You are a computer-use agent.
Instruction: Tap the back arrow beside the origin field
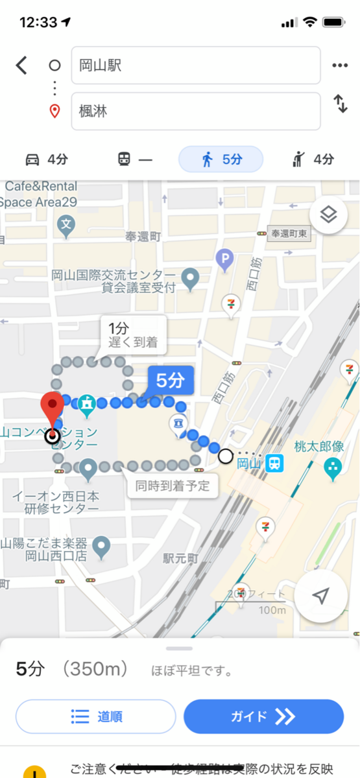(x=22, y=65)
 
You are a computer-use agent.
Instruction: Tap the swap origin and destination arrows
(x=340, y=104)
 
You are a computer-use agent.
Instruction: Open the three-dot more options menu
(x=340, y=65)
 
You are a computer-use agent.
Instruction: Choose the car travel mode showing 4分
(x=46, y=159)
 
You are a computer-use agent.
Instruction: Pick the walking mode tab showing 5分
(x=221, y=159)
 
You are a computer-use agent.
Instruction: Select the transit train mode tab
(x=134, y=159)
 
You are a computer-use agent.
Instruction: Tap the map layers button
(x=328, y=215)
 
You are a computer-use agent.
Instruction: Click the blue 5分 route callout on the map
(x=171, y=381)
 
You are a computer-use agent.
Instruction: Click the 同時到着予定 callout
(x=173, y=486)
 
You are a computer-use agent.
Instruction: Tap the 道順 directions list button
(x=95, y=716)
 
